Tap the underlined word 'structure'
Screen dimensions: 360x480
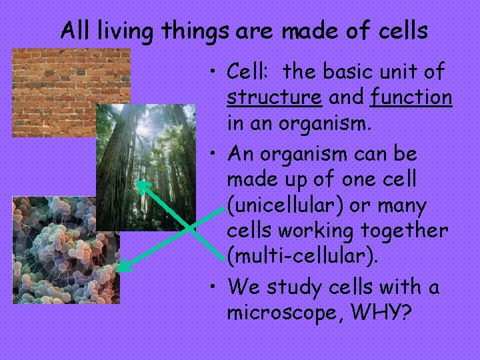[274, 97]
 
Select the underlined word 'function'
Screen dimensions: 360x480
[411, 97]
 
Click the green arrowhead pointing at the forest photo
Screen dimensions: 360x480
[141, 184]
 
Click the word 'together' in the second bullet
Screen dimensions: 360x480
[411, 231]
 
